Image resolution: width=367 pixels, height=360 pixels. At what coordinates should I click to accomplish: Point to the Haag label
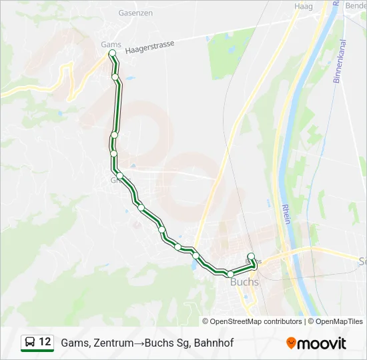click(x=303, y=5)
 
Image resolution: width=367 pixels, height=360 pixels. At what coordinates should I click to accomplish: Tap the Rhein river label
click(x=285, y=214)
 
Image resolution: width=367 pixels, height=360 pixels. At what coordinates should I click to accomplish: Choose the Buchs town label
click(x=244, y=282)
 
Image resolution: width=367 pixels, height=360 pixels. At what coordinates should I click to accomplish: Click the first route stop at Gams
click(x=112, y=53)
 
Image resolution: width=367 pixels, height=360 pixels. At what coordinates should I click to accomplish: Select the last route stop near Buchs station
click(x=251, y=257)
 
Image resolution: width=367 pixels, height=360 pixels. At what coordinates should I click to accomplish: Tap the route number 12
click(x=45, y=343)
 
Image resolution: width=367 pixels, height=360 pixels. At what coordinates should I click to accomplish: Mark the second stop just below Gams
click(x=115, y=77)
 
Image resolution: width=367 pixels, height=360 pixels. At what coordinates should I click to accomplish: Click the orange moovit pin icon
click(x=291, y=343)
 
